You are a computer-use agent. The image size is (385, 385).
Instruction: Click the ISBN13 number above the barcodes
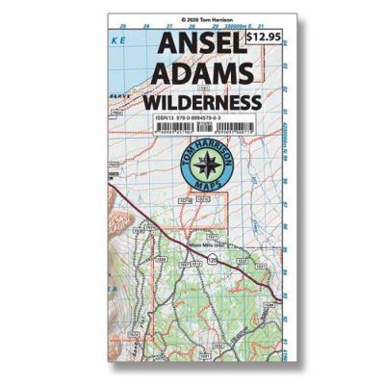[186, 120]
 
